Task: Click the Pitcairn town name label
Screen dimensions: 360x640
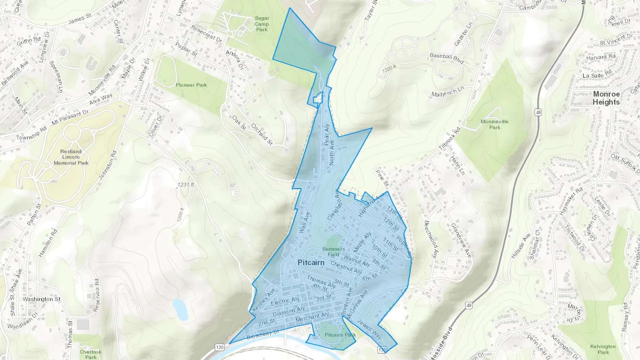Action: [x=311, y=263]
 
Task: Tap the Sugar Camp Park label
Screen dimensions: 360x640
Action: [x=262, y=24]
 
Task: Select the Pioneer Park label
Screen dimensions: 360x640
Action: [x=191, y=85]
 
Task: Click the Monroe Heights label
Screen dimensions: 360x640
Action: [x=606, y=98]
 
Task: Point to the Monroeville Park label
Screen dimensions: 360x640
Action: [x=494, y=124]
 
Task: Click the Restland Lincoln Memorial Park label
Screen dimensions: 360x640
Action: [x=71, y=157]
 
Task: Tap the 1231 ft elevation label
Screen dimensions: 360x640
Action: [x=186, y=185]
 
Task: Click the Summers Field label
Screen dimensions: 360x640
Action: [x=333, y=252]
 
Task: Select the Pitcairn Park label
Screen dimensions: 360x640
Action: [x=340, y=335]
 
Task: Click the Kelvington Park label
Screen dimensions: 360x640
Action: [x=603, y=349]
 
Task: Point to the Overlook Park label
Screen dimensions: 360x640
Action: [x=91, y=354]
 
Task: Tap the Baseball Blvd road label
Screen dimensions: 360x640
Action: [x=447, y=58]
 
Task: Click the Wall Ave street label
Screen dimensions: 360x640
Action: [x=305, y=222]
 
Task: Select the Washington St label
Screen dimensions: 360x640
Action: [x=42, y=299]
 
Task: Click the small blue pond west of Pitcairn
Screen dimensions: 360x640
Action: [x=180, y=308]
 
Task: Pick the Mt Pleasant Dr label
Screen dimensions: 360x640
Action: [x=70, y=117]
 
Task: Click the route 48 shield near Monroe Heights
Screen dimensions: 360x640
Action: [x=538, y=112]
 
